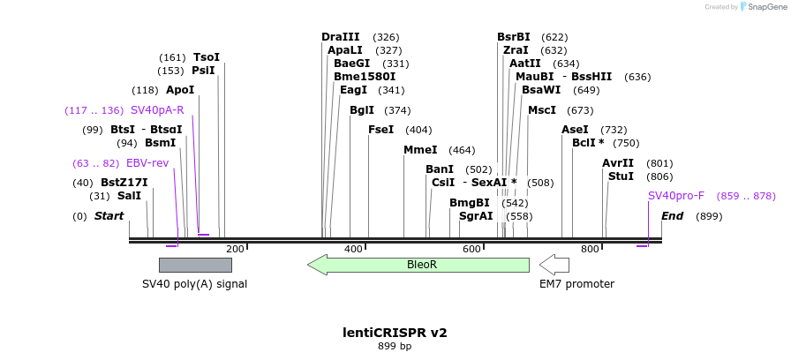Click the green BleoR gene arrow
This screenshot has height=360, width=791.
(418, 264)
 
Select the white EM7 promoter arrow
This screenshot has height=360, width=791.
(554, 264)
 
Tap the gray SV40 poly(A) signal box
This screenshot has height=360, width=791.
(195, 265)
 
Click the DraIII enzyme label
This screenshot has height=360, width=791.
(341, 37)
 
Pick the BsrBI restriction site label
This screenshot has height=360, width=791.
(514, 37)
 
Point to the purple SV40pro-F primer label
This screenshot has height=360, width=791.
(676, 196)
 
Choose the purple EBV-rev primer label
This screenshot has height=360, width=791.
(147, 163)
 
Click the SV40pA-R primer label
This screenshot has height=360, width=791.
(157, 110)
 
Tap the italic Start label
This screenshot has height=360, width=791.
(109, 216)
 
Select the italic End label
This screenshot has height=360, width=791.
(673, 216)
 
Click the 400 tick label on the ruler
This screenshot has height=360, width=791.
(353, 250)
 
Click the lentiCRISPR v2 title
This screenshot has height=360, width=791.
(395, 333)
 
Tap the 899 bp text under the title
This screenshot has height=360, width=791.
(395, 347)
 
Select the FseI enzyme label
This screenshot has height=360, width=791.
(380, 130)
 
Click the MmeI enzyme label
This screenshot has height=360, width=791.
(420, 150)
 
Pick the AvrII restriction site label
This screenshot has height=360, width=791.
(618, 163)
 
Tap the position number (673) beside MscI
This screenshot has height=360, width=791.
(580, 110)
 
